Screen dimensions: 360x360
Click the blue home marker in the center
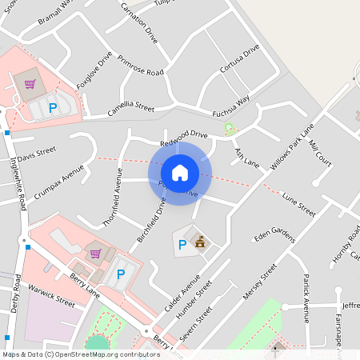pyautogui.click(x=180, y=172)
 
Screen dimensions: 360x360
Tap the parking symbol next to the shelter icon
pyautogui.click(x=182, y=244)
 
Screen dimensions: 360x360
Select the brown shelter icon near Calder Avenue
pyautogui.click(x=200, y=242)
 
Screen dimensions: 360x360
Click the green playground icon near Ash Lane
pyautogui.click(x=230, y=129)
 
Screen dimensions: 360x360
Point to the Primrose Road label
pyautogui.click(x=140, y=67)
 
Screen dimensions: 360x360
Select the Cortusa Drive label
pyautogui.click(x=240, y=60)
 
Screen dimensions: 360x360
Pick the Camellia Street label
pyautogui.click(x=130, y=107)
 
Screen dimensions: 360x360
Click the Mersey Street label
pyautogui.click(x=259, y=283)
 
